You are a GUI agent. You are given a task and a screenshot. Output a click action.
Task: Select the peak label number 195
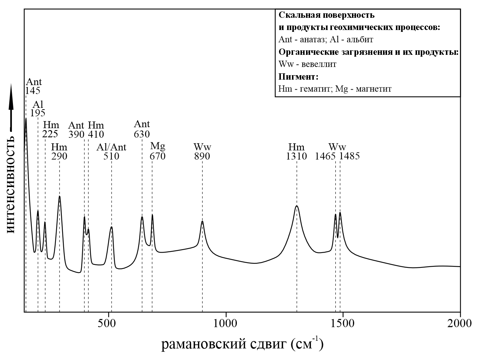(38, 113)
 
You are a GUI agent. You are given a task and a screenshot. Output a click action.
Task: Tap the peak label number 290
(59, 156)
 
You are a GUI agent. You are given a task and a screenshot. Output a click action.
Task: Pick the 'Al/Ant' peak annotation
(111, 147)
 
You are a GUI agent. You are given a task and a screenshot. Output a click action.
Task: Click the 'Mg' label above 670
(158, 145)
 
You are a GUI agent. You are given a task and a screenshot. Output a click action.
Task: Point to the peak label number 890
(202, 156)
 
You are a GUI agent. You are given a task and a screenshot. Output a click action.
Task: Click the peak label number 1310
(296, 156)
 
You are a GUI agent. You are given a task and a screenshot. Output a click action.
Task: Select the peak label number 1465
(325, 156)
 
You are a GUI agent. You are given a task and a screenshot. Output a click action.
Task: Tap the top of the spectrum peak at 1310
(297, 206)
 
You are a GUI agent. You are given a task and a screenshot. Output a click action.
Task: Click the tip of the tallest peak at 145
(26, 119)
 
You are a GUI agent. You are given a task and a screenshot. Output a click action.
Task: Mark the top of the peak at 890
(202, 221)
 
